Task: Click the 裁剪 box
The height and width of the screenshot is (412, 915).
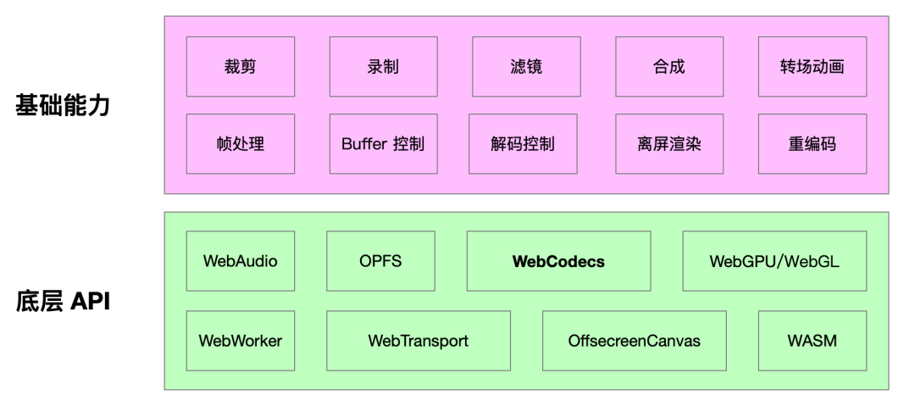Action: pyautogui.click(x=241, y=65)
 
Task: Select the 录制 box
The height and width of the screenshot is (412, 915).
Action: pyautogui.click(x=383, y=65)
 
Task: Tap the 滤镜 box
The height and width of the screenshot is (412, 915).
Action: pyautogui.click(x=526, y=65)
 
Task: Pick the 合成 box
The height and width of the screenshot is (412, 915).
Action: pyautogui.click(x=669, y=65)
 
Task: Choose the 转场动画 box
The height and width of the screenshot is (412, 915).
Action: pyautogui.click(x=812, y=65)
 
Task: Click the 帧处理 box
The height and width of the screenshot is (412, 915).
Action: pyautogui.click(x=241, y=144)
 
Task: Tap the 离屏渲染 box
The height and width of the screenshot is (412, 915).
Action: pyautogui.click(x=669, y=144)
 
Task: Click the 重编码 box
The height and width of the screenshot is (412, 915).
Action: pyautogui.click(x=812, y=144)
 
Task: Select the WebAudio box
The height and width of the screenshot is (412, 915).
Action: pyautogui.click(x=241, y=261)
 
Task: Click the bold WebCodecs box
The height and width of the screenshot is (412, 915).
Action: pyautogui.click(x=558, y=261)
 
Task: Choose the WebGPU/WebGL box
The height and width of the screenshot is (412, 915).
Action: pyautogui.click(x=774, y=261)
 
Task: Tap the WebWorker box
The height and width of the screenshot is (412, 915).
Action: pyautogui.click(x=241, y=341)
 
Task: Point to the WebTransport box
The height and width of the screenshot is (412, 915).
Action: pyautogui.click(x=419, y=341)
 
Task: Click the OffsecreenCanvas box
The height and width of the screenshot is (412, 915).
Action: pyautogui.click(x=635, y=341)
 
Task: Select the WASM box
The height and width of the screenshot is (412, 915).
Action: pyautogui.click(x=812, y=341)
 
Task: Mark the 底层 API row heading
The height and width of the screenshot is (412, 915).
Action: pyautogui.click(x=64, y=302)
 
